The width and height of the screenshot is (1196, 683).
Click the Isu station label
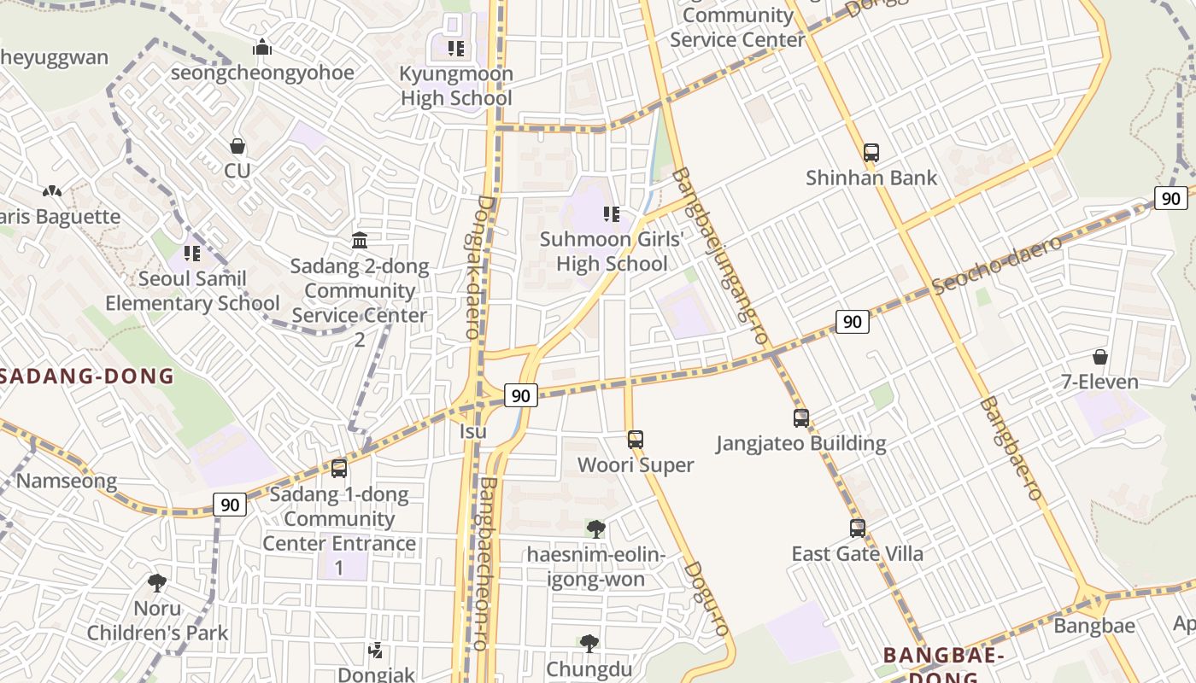point(472,431)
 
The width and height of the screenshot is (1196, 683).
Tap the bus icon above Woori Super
point(635,440)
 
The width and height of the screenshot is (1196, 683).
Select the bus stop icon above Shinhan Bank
point(871,153)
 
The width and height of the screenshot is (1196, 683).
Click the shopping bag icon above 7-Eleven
point(1099,357)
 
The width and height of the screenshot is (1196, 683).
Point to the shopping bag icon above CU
point(237,147)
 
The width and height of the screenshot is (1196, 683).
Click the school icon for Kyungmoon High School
point(456,49)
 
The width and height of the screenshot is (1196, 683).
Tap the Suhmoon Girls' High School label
point(612,251)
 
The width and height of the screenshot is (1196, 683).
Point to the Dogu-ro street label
point(706,598)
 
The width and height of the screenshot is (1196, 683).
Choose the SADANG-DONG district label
point(86,377)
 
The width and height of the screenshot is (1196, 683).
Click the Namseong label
point(66,481)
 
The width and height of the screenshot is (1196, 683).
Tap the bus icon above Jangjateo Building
point(800,418)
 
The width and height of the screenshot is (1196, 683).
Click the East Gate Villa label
point(857,554)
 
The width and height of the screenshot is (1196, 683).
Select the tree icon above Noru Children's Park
point(156,583)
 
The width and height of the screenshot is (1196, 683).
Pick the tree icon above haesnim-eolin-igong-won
point(595,529)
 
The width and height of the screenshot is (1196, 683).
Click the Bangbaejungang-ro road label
point(719,255)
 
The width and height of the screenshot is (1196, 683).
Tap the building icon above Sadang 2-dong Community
point(360,241)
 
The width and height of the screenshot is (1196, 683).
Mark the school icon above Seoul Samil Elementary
point(192,254)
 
